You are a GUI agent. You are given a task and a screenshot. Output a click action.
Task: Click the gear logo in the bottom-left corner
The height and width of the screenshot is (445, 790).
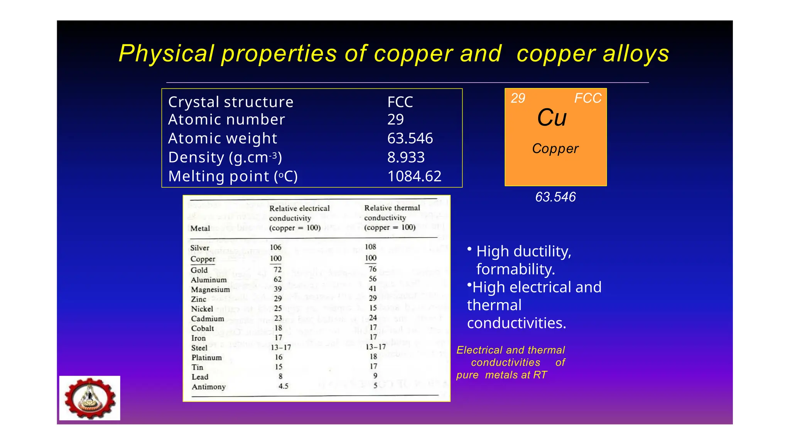[90, 398]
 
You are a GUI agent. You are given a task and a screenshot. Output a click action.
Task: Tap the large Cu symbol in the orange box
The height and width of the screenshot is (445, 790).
[552, 117]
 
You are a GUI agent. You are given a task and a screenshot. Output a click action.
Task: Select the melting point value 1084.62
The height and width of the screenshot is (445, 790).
[414, 177]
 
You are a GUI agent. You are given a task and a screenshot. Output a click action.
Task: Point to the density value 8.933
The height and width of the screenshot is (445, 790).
[406, 158]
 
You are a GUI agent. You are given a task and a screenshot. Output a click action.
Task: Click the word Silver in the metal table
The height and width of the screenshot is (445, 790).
[200, 248]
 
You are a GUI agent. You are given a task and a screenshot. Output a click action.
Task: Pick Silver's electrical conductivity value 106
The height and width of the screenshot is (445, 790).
[275, 247]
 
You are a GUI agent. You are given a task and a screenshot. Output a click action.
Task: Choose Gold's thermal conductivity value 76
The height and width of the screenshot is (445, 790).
[372, 269]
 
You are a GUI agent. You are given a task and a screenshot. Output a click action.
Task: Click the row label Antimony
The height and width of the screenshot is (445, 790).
[209, 387]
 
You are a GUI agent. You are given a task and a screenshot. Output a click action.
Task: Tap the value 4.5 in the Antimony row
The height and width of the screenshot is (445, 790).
[283, 386]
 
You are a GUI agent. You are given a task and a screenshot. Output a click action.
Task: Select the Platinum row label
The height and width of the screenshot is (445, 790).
[207, 358]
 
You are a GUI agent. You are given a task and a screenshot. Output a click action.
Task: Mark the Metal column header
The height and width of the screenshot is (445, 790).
[200, 228]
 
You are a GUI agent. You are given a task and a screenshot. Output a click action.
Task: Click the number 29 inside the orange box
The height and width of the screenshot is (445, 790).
[518, 99]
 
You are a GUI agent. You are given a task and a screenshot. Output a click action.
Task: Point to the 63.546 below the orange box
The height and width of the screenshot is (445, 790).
[555, 197]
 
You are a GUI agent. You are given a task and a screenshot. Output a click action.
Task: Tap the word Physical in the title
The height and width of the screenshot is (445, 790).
[166, 54]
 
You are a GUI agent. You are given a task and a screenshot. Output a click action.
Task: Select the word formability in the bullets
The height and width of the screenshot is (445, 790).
[515, 269]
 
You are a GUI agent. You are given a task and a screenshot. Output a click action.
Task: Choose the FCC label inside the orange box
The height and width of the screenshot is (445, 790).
[587, 98]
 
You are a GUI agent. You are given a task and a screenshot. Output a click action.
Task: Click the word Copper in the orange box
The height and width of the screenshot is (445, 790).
[555, 149]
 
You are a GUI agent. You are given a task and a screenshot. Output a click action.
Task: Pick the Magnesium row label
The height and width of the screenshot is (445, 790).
[210, 290]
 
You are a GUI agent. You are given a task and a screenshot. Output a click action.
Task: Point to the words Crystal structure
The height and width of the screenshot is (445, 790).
[231, 102]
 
